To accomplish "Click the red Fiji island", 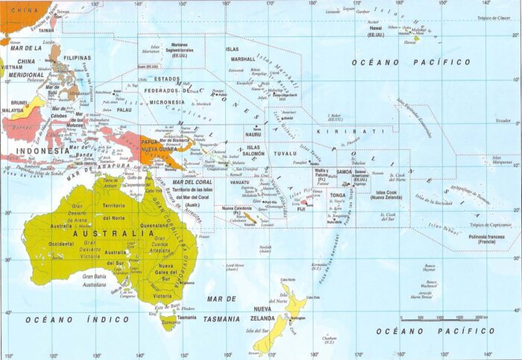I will click(303, 201).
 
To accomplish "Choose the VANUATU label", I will click(240, 183).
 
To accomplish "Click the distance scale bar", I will click(444, 318).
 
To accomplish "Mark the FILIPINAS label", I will click(78, 57).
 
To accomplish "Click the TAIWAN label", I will click(46, 31).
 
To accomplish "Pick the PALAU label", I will click(124, 110).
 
